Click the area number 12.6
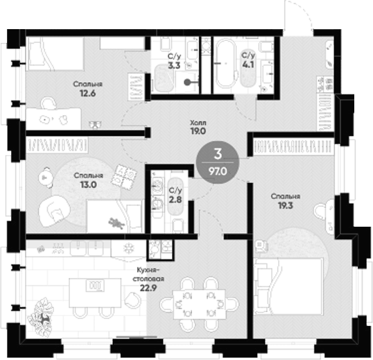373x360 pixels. [x=88, y=93]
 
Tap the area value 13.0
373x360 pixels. [x=88, y=185]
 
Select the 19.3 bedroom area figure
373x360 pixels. [x=286, y=205]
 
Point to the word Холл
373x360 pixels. [x=198, y=123]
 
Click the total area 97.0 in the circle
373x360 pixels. [x=218, y=171]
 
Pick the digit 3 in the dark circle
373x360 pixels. [x=218, y=154]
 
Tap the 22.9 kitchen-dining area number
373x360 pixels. [x=148, y=288]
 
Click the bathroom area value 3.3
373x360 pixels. [x=174, y=65]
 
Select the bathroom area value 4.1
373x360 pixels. [x=248, y=65]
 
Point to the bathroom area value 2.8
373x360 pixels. [x=175, y=200]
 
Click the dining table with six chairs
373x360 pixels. [x=200, y=304]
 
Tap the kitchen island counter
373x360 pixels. [x=95, y=293]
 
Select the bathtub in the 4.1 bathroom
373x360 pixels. [x=226, y=63]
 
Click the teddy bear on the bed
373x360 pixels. [x=116, y=223]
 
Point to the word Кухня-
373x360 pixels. [x=148, y=270]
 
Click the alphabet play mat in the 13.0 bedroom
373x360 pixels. [x=124, y=178]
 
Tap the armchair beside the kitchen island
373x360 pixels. [x=132, y=300]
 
